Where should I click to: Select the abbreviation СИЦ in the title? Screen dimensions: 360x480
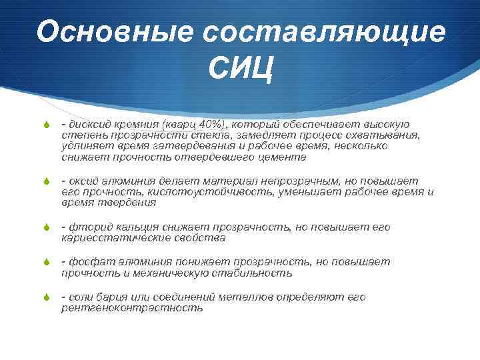(x=240, y=69)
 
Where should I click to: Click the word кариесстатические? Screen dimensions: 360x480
(x=109, y=238)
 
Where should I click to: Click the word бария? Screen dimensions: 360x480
(x=117, y=297)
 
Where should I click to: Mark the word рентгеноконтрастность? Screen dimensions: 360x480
(x=132, y=308)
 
